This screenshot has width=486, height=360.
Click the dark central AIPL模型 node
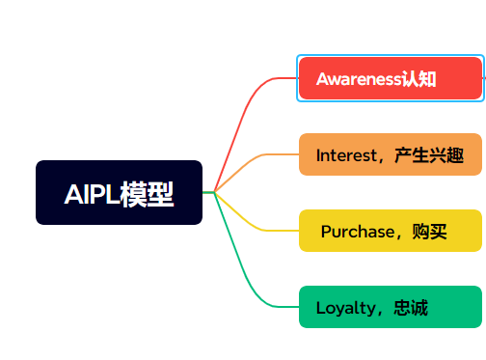(x=119, y=192)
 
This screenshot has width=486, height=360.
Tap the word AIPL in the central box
(x=91, y=194)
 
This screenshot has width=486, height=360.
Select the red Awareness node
(x=389, y=78)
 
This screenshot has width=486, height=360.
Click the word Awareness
(x=358, y=79)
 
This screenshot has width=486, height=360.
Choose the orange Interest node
(x=389, y=155)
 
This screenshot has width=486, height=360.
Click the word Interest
(x=343, y=155)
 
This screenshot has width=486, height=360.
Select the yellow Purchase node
(x=389, y=232)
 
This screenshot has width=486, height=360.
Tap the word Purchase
(x=358, y=232)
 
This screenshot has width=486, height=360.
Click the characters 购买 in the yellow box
(x=430, y=232)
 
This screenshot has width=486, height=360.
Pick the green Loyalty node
(x=389, y=308)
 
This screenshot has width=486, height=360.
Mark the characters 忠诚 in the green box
(x=411, y=308)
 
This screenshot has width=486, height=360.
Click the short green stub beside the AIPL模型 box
(x=208, y=193)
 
